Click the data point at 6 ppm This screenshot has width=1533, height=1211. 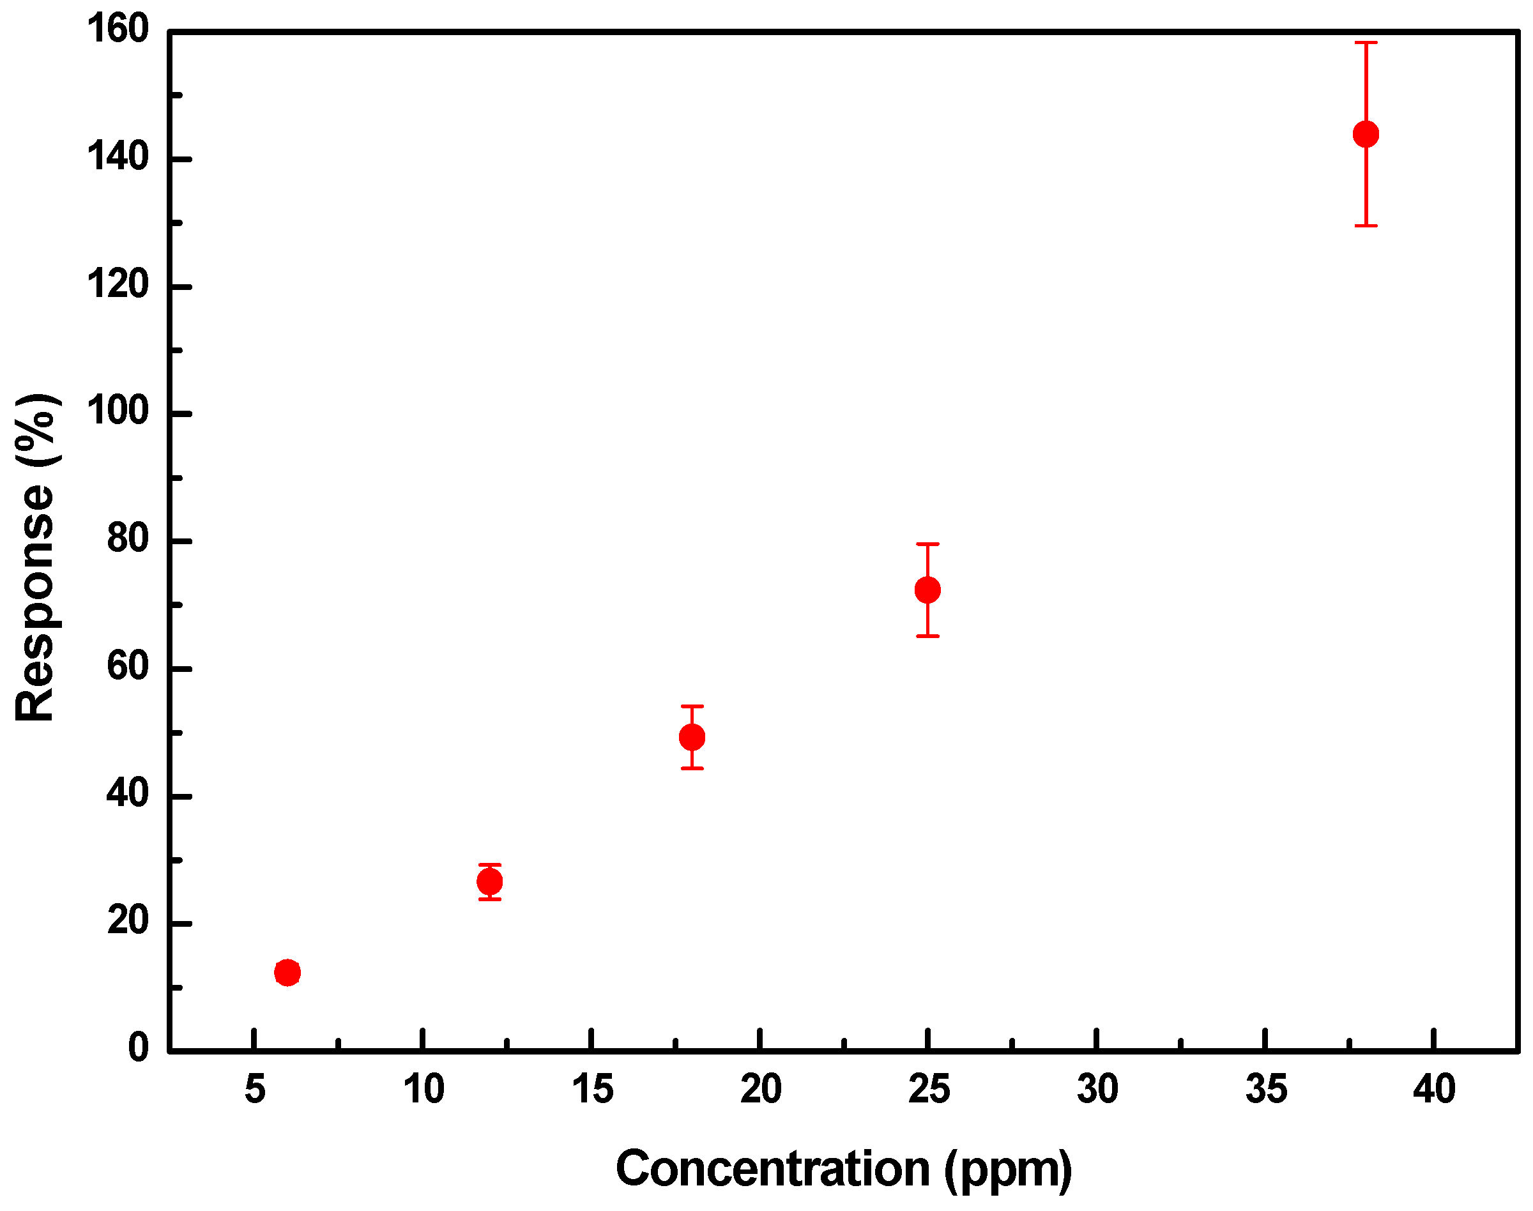[x=287, y=972]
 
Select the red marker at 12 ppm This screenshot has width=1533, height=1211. [x=489, y=882]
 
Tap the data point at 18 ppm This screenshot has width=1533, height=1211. [x=692, y=737]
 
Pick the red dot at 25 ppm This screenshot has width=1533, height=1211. [x=927, y=590]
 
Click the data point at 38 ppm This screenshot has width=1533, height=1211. [x=1366, y=134]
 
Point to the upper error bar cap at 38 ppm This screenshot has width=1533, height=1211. [x=1366, y=43]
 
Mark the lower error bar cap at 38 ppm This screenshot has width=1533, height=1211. [x=1366, y=225]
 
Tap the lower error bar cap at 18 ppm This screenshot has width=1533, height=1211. [x=692, y=768]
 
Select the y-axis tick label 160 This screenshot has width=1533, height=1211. [x=118, y=30]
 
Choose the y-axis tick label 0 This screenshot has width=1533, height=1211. [x=138, y=1048]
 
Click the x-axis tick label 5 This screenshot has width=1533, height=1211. [x=255, y=1090]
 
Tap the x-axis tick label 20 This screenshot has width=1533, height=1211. [x=760, y=1090]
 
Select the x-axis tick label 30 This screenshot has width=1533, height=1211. [x=1097, y=1090]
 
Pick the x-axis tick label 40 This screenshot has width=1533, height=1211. [x=1434, y=1090]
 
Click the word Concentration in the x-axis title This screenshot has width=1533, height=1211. [x=772, y=1168]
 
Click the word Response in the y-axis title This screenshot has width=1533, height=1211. [x=36, y=603]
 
